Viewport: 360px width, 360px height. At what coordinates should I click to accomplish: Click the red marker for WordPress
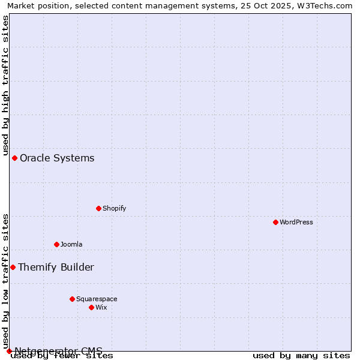click(x=275, y=222)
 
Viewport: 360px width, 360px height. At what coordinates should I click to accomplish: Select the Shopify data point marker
click(x=98, y=208)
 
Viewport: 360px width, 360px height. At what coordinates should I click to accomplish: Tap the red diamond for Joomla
click(x=56, y=244)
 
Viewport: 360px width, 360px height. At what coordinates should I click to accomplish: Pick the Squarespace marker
click(x=72, y=299)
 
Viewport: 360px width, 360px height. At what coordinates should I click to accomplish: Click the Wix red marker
click(x=91, y=307)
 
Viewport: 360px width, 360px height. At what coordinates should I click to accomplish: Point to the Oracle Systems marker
click(x=14, y=158)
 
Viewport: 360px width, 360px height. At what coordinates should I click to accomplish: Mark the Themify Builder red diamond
click(x=13, y=267)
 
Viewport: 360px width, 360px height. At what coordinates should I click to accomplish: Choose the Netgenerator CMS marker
click(x=9, y=351)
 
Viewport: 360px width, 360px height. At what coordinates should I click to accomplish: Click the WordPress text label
click(x=296, y=222)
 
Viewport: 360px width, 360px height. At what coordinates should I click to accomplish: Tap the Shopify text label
click(x=114, y=208)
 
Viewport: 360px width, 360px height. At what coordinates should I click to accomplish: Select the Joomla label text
click(x=71, y=244)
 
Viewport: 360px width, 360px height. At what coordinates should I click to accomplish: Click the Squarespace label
click(x=97, y=299)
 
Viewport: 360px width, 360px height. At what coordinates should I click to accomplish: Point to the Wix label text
click(x=101, y=307)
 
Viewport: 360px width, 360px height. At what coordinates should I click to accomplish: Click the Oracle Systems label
click(x=57, y=158)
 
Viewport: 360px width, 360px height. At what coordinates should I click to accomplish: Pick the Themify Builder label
click(x=56, y=267)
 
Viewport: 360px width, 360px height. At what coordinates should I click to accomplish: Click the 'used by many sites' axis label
click(x=301, y=355)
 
